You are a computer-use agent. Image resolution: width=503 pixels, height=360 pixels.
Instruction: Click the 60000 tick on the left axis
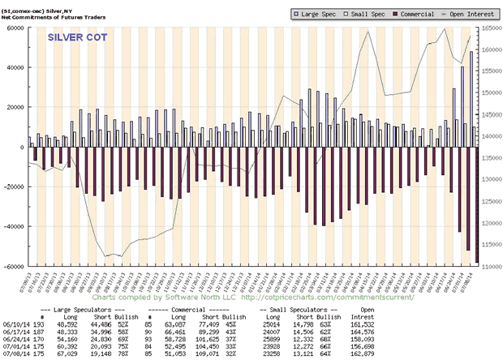click(x=15, y=28)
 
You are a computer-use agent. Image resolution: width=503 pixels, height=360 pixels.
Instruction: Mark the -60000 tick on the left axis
click(x=13, y=266)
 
